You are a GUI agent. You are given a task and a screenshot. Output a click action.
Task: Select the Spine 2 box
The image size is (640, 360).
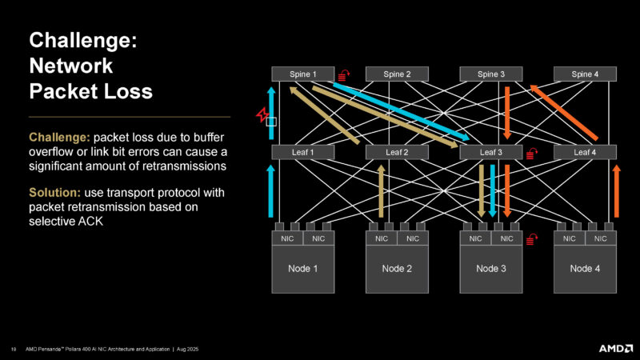[x=397, y=74]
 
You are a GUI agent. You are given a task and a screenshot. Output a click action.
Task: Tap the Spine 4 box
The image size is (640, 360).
[x=585, y=74]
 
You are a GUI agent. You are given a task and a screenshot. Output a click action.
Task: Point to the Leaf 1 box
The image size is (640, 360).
[x=302, y=152]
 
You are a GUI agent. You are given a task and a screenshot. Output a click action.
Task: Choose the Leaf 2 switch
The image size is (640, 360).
[x=397, y=152]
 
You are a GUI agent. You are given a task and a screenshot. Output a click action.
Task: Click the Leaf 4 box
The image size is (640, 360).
[x=585, y=152]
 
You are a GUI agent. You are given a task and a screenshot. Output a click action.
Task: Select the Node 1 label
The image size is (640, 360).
[x=302, y=269]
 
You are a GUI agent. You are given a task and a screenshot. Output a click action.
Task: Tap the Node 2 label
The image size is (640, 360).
[x=397, y=269]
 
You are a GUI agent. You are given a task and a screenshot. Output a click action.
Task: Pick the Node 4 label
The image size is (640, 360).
[x=585, y=269]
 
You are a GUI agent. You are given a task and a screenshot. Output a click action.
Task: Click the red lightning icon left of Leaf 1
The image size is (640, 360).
[x=261, y=116]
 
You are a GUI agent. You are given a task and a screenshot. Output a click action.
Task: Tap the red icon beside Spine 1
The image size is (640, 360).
[x=344, y=75]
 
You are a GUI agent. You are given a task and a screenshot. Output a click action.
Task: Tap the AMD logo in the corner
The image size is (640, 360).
[x=615, y=348]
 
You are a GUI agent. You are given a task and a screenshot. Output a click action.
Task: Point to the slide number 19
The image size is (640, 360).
[x=14, y=348]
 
